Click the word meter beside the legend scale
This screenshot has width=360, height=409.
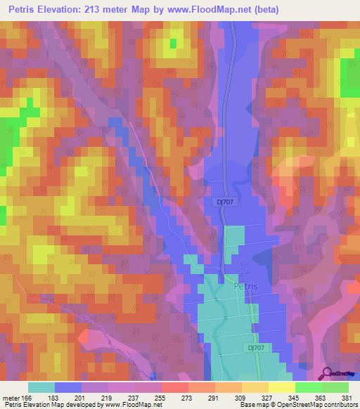pyautogui.click(x=12, y=397)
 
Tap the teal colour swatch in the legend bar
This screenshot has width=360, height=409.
pyautogui.click(x=41, y=387)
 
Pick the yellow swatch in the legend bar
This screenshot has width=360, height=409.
pyautogui.click(x=281, y=387)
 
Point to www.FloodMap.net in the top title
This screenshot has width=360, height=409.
pyautogui.click(x=212, y=9)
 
